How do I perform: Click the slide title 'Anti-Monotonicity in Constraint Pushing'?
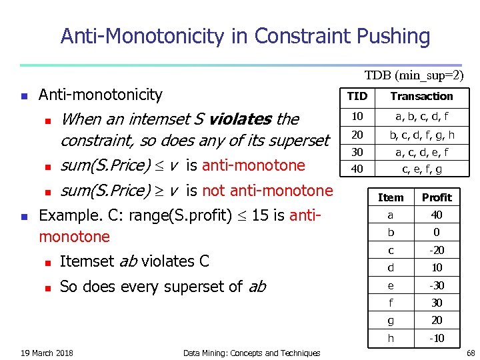[x=245, y=35]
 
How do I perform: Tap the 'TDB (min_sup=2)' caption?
[x=413, y=76]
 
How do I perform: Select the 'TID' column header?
[x=357, y=97]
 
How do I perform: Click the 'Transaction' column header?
[x=421, y=97]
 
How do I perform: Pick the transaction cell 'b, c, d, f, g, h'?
[x=421, y=135]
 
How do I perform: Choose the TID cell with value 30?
[x=357, y=152]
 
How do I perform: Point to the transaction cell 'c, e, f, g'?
[x=421, y=169]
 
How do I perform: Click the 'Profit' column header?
[x=437, y=197]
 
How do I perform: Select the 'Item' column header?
[x=391, y=197]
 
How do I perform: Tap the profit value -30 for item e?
[x=437, y=285]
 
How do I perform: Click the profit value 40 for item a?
[x=437, y=215]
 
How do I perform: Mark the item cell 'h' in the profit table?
[x=391, y=338]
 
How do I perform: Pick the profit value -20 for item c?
[x=437, y=251]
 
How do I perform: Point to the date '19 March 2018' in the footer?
[x=47, y=353]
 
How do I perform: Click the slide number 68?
[x=470, y=353]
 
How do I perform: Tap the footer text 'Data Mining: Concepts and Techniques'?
[x=251, y=353]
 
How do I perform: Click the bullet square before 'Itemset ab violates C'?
[x=47, y=262]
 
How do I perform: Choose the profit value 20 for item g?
[x=437, y=321]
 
